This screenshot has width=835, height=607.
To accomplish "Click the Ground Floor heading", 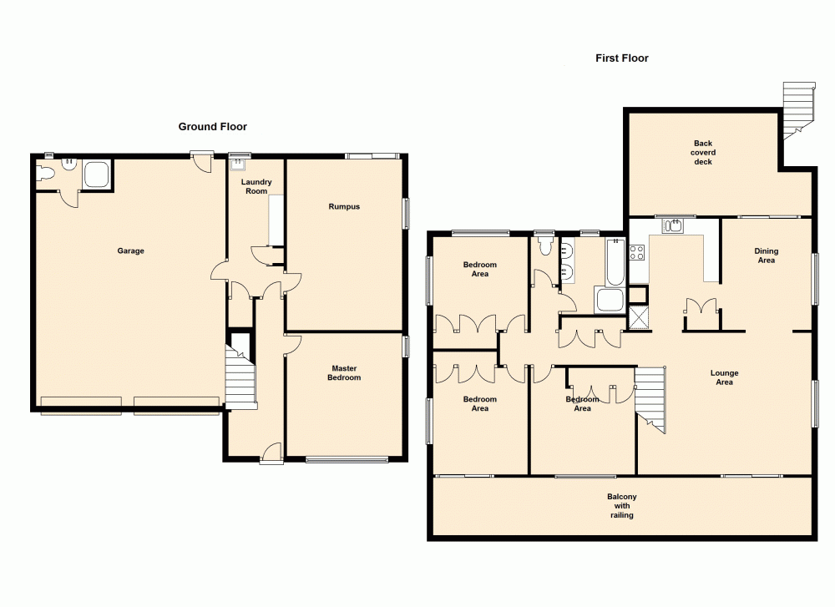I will point(212,127).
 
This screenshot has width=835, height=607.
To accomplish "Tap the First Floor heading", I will point(621,58).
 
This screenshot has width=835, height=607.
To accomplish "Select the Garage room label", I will point(130,250).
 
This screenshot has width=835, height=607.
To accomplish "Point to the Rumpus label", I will point(344,206).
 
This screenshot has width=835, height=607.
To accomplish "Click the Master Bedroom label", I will point(345,373).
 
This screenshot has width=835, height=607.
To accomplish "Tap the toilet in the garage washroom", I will point(48,173).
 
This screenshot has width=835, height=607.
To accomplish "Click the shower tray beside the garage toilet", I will point(96,175).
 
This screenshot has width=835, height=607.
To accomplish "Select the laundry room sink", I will point(239,164).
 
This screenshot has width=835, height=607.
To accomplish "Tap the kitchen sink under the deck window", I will point(672,225).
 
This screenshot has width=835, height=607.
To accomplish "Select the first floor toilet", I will point(547,245).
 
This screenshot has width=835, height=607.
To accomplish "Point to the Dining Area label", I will point(766,255).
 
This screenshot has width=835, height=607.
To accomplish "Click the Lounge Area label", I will point(724,377).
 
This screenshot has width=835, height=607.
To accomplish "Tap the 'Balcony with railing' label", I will point(621,506).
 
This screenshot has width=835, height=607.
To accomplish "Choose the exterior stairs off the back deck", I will point(798,108).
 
